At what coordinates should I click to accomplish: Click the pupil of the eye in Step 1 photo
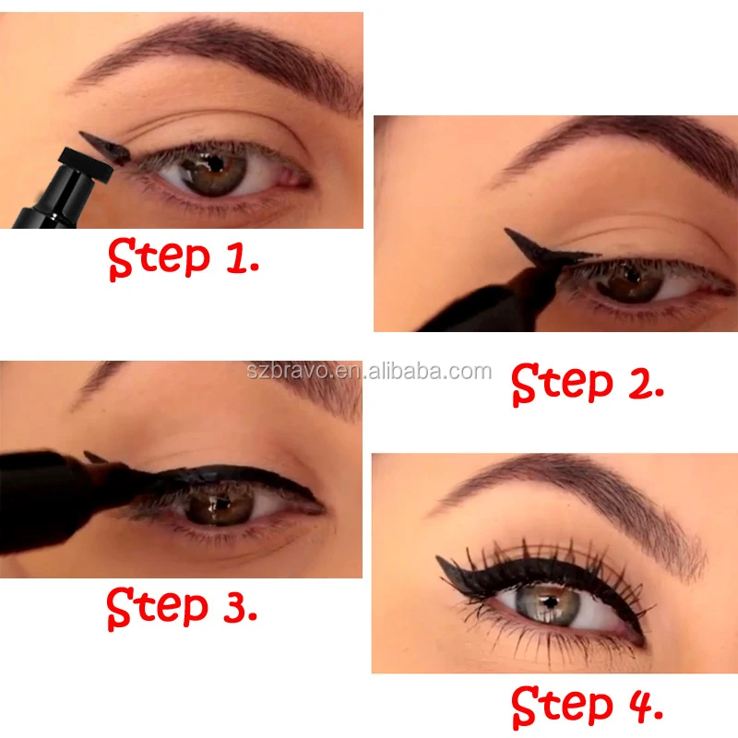(211, 167)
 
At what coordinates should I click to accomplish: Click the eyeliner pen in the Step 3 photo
(55, 498)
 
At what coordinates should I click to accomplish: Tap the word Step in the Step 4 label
(561, 708)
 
